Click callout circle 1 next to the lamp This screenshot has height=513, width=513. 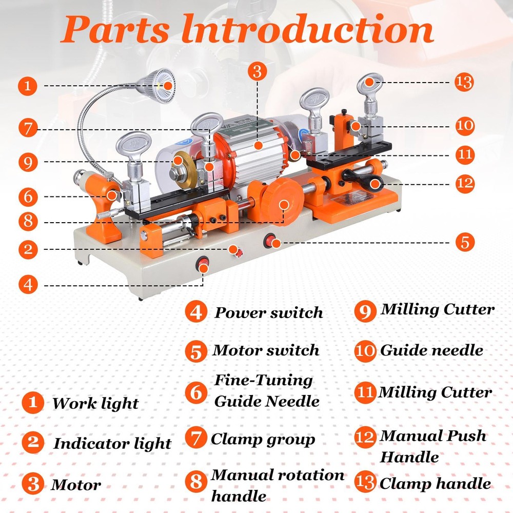tap(29, 85)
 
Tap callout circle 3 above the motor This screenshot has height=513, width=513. tap(258, 71)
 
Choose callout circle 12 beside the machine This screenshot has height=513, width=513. tap(464, 183)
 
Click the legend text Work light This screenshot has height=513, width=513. tap(95, 403)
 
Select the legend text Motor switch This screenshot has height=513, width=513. tap(266, 351)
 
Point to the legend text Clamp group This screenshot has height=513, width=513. tap(263, 439)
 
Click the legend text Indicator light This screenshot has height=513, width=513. tap(112, 443)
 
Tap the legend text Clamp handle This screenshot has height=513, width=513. tap(435, 483)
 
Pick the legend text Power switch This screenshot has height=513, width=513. tap(269, 312)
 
